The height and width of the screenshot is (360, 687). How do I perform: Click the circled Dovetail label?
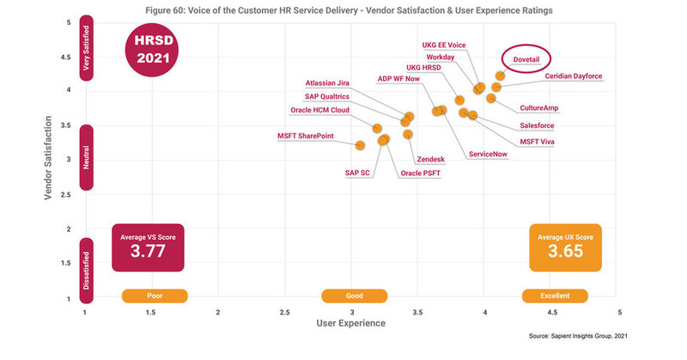pos(527,59)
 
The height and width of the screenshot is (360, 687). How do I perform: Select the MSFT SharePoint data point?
pos(361,145)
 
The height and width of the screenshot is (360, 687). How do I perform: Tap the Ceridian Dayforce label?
pos(575,76)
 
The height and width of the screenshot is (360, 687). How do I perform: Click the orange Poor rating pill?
pos(155,296)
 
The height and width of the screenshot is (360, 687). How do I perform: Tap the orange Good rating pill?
pos(354,296)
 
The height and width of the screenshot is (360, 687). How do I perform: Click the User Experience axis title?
pos(351,323)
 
